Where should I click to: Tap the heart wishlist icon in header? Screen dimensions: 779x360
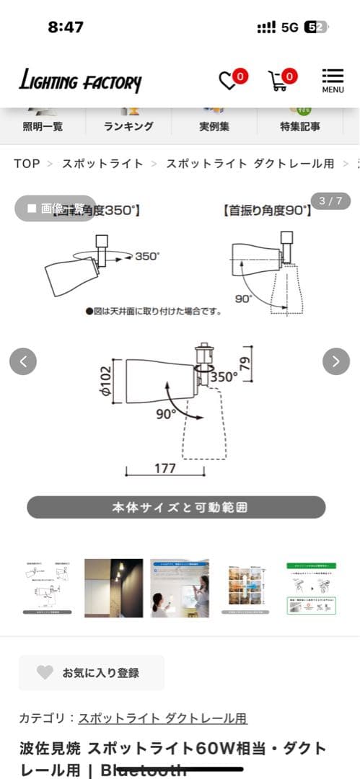[229, 80]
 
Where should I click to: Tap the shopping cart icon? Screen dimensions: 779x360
[279, 80]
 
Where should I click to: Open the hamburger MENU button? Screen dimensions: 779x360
[333, 80]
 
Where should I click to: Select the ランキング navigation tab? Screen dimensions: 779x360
[128, 126]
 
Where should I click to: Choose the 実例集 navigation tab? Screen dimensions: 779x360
[214, 126]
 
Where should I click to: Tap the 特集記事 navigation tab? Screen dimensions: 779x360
[300, 126]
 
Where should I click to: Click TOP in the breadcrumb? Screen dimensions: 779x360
[27, 164]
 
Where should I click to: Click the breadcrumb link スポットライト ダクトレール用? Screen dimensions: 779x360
[250, 164]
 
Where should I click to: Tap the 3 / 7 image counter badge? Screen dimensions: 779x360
[330, 201]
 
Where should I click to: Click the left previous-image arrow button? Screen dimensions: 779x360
[23, 361]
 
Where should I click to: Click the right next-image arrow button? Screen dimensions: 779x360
[336, 361]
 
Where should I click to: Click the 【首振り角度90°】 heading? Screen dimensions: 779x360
[266, 211]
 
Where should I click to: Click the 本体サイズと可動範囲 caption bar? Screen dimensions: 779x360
[176, 507]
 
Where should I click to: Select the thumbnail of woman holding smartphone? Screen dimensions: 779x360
[180, 587]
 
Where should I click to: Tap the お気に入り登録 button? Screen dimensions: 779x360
[92, 672]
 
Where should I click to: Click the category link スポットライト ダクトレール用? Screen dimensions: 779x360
[163, 718]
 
